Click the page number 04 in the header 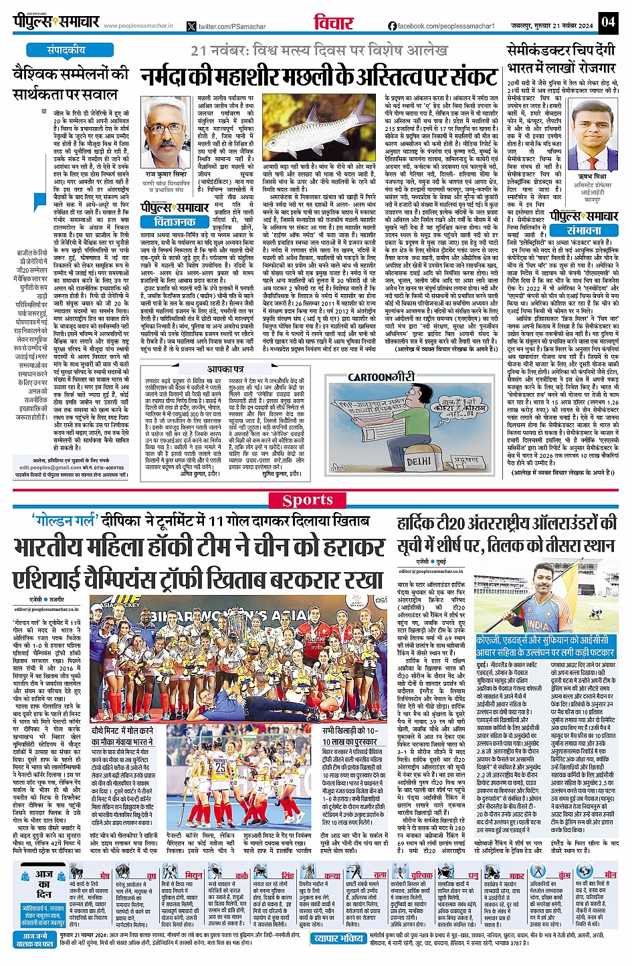tap(607, 22)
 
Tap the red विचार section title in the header tap(333, 23)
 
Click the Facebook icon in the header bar tap(392, 26)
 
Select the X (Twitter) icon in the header tap(192, 26)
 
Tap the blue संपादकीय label tap(66, 50)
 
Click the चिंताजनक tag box tap(175, 221)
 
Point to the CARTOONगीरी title tap(381, 377)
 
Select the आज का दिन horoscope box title tap(44, 883)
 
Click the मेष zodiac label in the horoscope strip tap(104, 875)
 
